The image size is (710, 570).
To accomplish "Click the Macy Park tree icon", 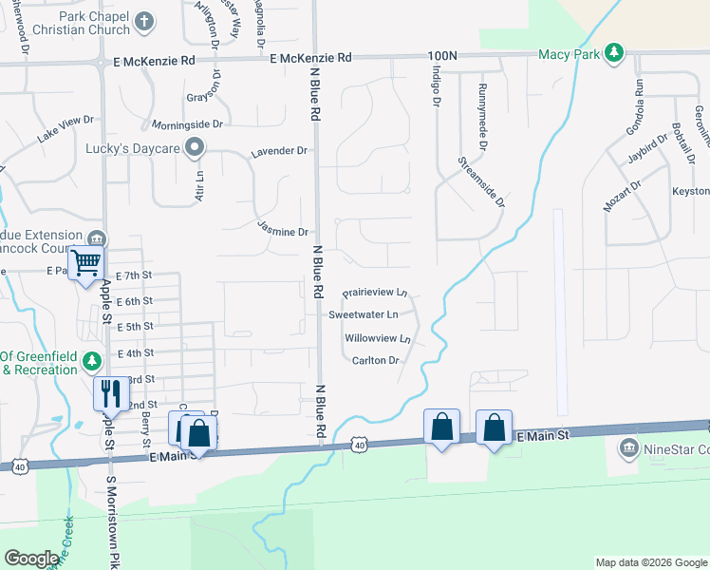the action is (615, 52).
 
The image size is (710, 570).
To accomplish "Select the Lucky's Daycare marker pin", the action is (195, 146).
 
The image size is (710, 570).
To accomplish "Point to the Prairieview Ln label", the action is (375, 293).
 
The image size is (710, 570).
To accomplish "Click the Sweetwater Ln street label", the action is (364, 313).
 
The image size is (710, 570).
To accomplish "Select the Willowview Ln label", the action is (378, 337).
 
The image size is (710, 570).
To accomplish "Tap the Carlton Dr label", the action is (375, 360).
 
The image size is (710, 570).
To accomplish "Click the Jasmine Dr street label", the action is (283, 231).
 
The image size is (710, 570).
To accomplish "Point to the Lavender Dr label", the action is (279, 151).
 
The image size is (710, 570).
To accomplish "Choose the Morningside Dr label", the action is (187, 123).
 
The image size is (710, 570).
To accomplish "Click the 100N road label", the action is (442, 57).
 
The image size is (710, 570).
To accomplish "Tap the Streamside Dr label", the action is (481, 181).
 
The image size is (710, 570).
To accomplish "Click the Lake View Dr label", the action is (66, 128).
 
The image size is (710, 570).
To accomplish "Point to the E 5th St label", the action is (132, 326).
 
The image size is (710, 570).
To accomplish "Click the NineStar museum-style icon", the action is (627, 446).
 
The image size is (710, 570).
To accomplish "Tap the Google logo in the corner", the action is (31, 559).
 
